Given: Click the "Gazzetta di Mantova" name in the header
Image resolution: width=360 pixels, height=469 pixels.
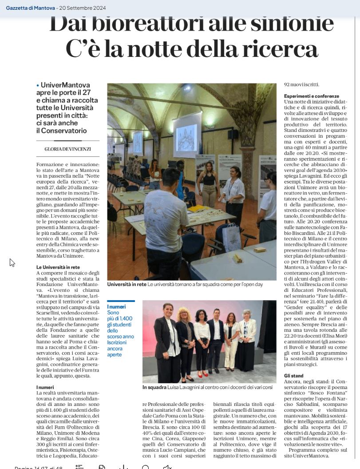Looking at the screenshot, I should pos(30,8).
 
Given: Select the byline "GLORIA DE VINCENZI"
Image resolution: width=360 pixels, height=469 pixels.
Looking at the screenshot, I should pos(68,149).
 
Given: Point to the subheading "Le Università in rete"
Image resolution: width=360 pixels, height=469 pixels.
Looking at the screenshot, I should pos(58,267).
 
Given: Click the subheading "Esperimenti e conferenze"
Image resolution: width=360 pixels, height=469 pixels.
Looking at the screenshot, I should pos(312,96).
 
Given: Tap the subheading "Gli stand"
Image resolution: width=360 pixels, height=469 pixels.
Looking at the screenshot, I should pos(294,376).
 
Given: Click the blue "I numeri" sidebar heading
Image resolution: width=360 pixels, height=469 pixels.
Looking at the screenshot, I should pos(117,307).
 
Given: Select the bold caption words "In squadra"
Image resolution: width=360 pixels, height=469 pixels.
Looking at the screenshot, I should pos(154,388).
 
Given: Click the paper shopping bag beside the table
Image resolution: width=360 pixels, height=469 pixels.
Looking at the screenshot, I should pos(231,238).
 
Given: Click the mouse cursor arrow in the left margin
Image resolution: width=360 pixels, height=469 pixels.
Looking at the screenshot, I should pos(12,262).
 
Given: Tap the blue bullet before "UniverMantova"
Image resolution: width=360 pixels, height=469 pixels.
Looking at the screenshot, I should pos(38,84).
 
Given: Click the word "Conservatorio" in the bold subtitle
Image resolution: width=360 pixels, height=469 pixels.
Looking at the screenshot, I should pos(62,131).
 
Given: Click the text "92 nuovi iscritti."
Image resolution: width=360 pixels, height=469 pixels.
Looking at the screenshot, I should pos(301,84).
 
